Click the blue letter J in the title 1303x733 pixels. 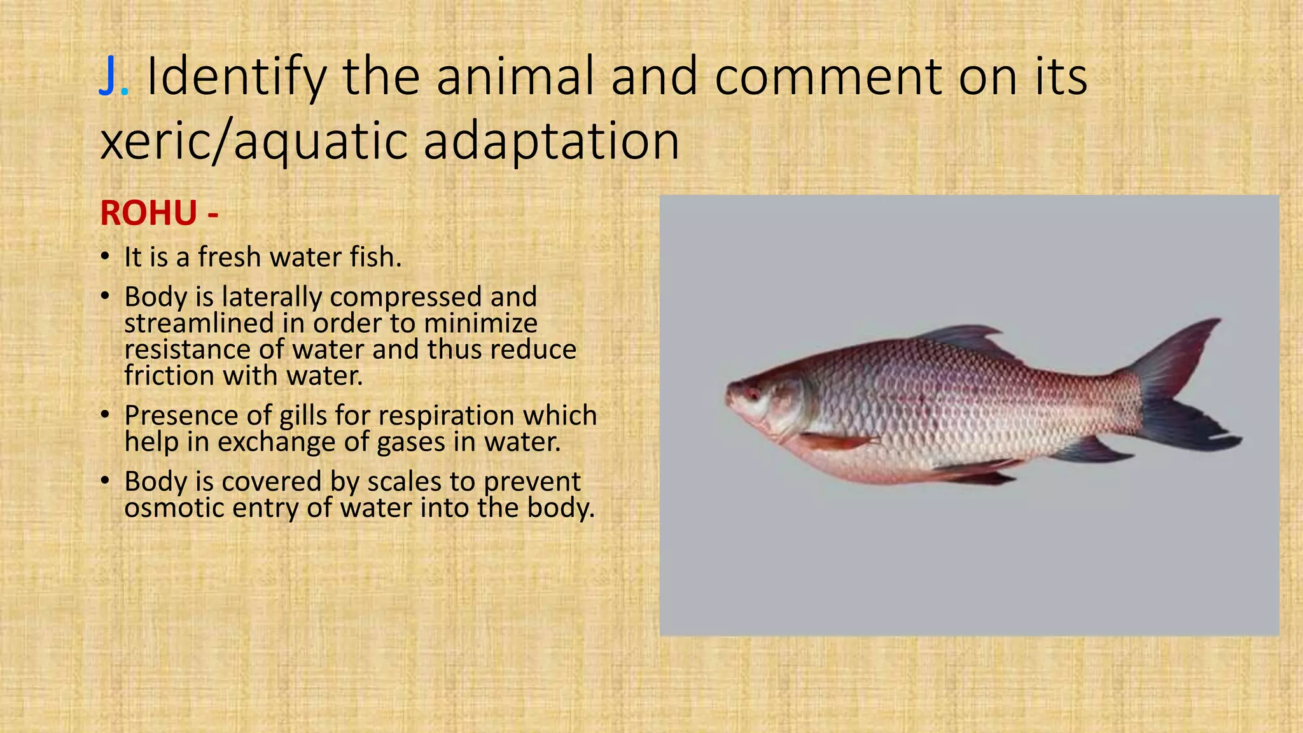(109, 77)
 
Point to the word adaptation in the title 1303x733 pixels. (552, 142)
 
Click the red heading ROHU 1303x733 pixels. (148, 213)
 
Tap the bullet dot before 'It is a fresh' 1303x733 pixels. (105, 257)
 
